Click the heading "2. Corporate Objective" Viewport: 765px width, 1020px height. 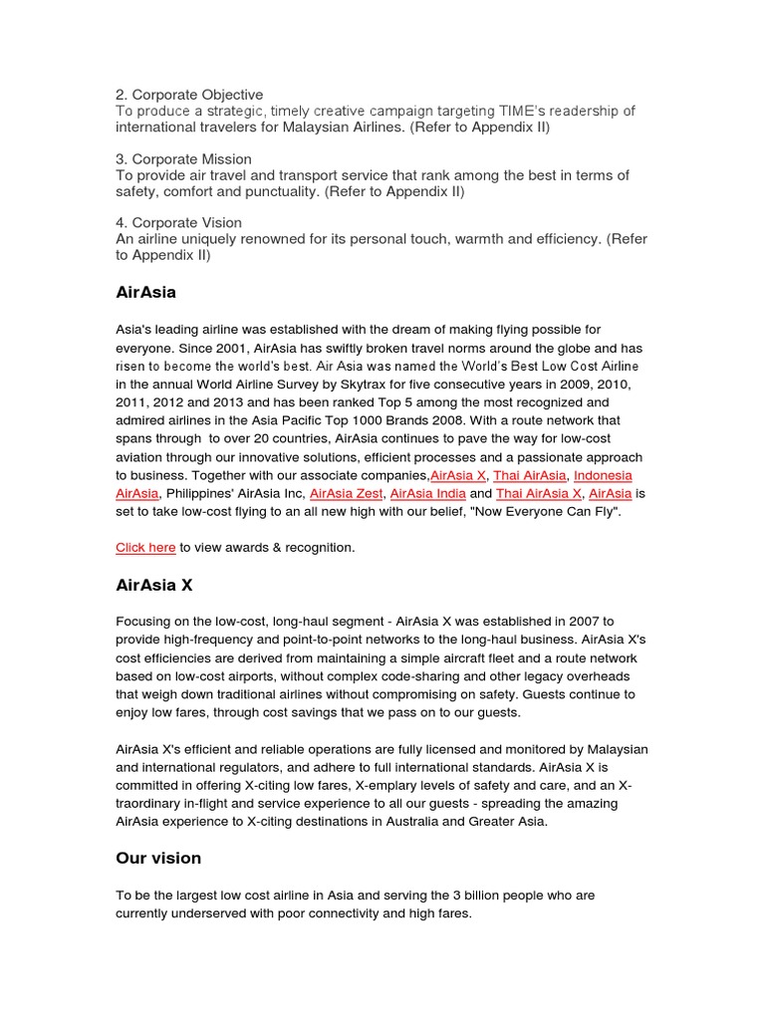189,95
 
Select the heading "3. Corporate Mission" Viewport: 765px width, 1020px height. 183,159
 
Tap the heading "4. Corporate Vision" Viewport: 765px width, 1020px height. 178,223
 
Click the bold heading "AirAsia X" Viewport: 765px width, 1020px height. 153,586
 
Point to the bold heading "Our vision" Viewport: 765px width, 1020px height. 158,858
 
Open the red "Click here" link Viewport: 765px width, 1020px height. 145,548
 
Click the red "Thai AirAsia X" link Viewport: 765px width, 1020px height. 538,493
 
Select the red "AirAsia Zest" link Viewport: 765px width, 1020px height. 346,493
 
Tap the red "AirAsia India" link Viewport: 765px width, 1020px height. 426,493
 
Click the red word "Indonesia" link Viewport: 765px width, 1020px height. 603,475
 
